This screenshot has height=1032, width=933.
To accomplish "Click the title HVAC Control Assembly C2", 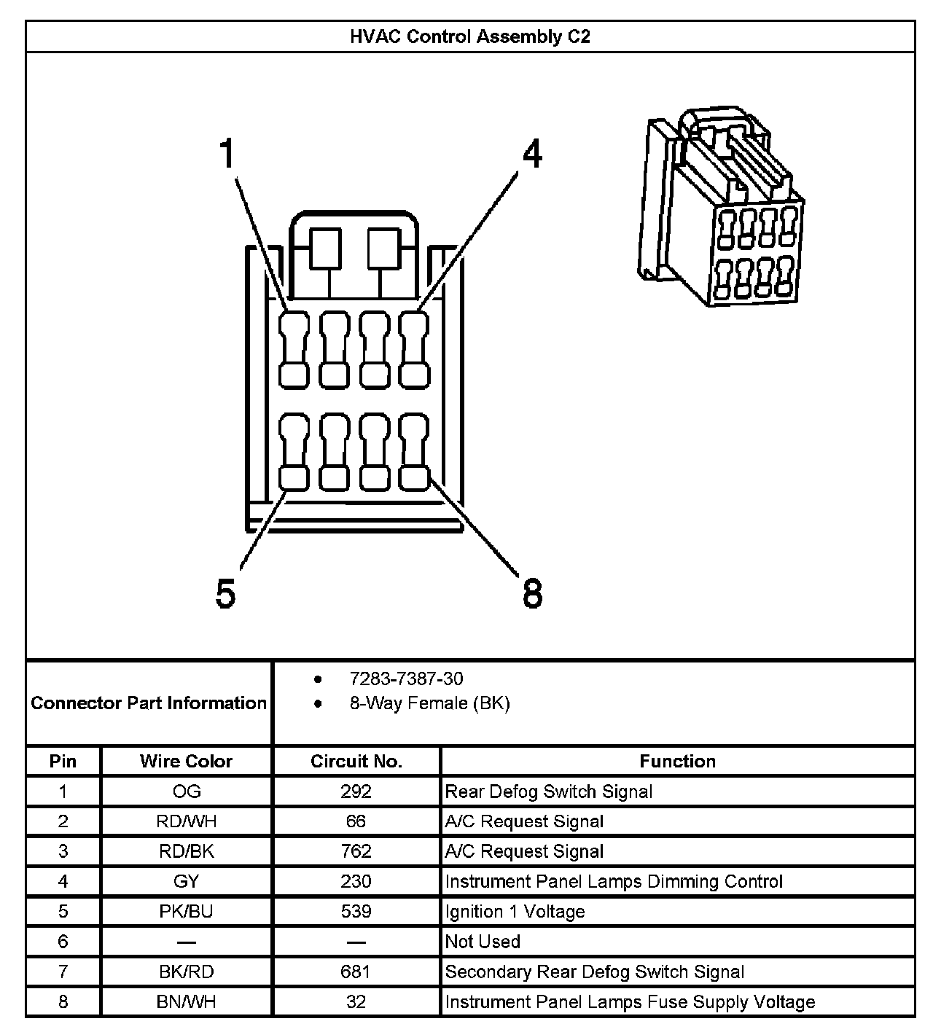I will pos(469,37).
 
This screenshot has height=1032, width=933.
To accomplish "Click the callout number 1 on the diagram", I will pos(229,155).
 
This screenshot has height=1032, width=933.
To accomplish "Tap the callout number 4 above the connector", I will pos(533,155).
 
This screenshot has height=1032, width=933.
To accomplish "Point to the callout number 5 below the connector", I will pos(226,594).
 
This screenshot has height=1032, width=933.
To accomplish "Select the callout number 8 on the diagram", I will pos(533,594).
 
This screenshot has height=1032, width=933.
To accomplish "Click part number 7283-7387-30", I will pos(406,679).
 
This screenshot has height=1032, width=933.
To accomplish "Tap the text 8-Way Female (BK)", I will pos(429,703).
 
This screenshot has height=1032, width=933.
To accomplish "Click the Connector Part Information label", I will pos(149,703).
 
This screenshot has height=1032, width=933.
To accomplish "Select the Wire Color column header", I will pos(186,762).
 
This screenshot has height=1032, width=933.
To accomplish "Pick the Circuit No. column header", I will pos(356,762).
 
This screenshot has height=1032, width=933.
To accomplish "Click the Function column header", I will pos(677,762).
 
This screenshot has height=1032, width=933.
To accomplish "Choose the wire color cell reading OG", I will pos(186,791).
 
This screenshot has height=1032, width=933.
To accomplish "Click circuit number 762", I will pos(356,851).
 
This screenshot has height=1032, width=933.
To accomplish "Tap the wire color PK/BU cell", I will pos(186,912).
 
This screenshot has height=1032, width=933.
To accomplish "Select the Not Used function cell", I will pos(483,942).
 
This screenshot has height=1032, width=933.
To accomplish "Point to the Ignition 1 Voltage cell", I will pos(515,912).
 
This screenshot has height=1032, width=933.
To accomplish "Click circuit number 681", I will pos(356,972).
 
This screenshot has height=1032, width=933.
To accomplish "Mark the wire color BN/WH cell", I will pos(186,1002).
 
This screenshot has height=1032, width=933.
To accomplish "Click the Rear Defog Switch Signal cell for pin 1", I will pos(548,791).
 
